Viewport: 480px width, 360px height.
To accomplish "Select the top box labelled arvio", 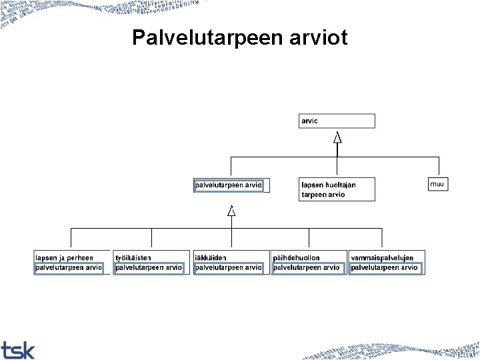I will pos(337,121).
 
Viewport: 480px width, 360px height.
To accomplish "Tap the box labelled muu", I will pos(438,183).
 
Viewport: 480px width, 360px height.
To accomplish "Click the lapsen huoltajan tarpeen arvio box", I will pos(337,189).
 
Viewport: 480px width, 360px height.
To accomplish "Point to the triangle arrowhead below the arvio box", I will pos(338,137).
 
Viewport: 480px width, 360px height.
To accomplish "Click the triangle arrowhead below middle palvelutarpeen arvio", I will pos(231,211).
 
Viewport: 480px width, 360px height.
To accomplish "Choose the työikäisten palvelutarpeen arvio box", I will pos(151,263).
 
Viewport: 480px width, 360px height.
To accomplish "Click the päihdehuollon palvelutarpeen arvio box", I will pos(309,263).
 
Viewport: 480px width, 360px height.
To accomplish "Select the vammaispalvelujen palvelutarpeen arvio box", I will pos(386,263).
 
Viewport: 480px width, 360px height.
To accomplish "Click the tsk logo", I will pos(18,349).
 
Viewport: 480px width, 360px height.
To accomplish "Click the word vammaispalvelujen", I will pos(382,258).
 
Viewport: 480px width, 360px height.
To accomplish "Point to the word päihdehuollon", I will pos(297,258).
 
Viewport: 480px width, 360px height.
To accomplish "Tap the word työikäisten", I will pos(133,258).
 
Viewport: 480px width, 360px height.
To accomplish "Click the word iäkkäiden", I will pos(211,258).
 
